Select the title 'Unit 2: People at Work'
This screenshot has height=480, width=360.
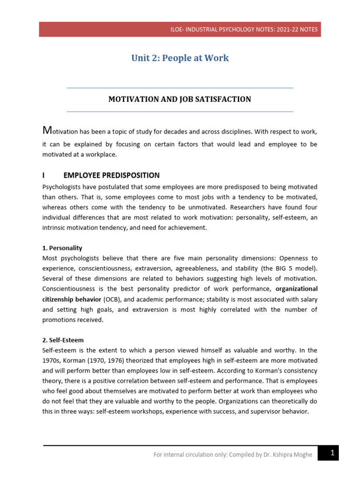[180, 58]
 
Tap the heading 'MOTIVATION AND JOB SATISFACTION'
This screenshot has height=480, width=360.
[180, 99]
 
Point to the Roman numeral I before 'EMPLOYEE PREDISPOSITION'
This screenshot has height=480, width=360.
[44, 175]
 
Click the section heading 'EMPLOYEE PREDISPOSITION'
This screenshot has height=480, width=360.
[112, 175]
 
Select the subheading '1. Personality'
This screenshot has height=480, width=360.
[62, 248]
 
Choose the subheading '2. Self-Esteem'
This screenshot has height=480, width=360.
[63, 340]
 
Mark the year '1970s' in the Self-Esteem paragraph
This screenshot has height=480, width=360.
[52, 360]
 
